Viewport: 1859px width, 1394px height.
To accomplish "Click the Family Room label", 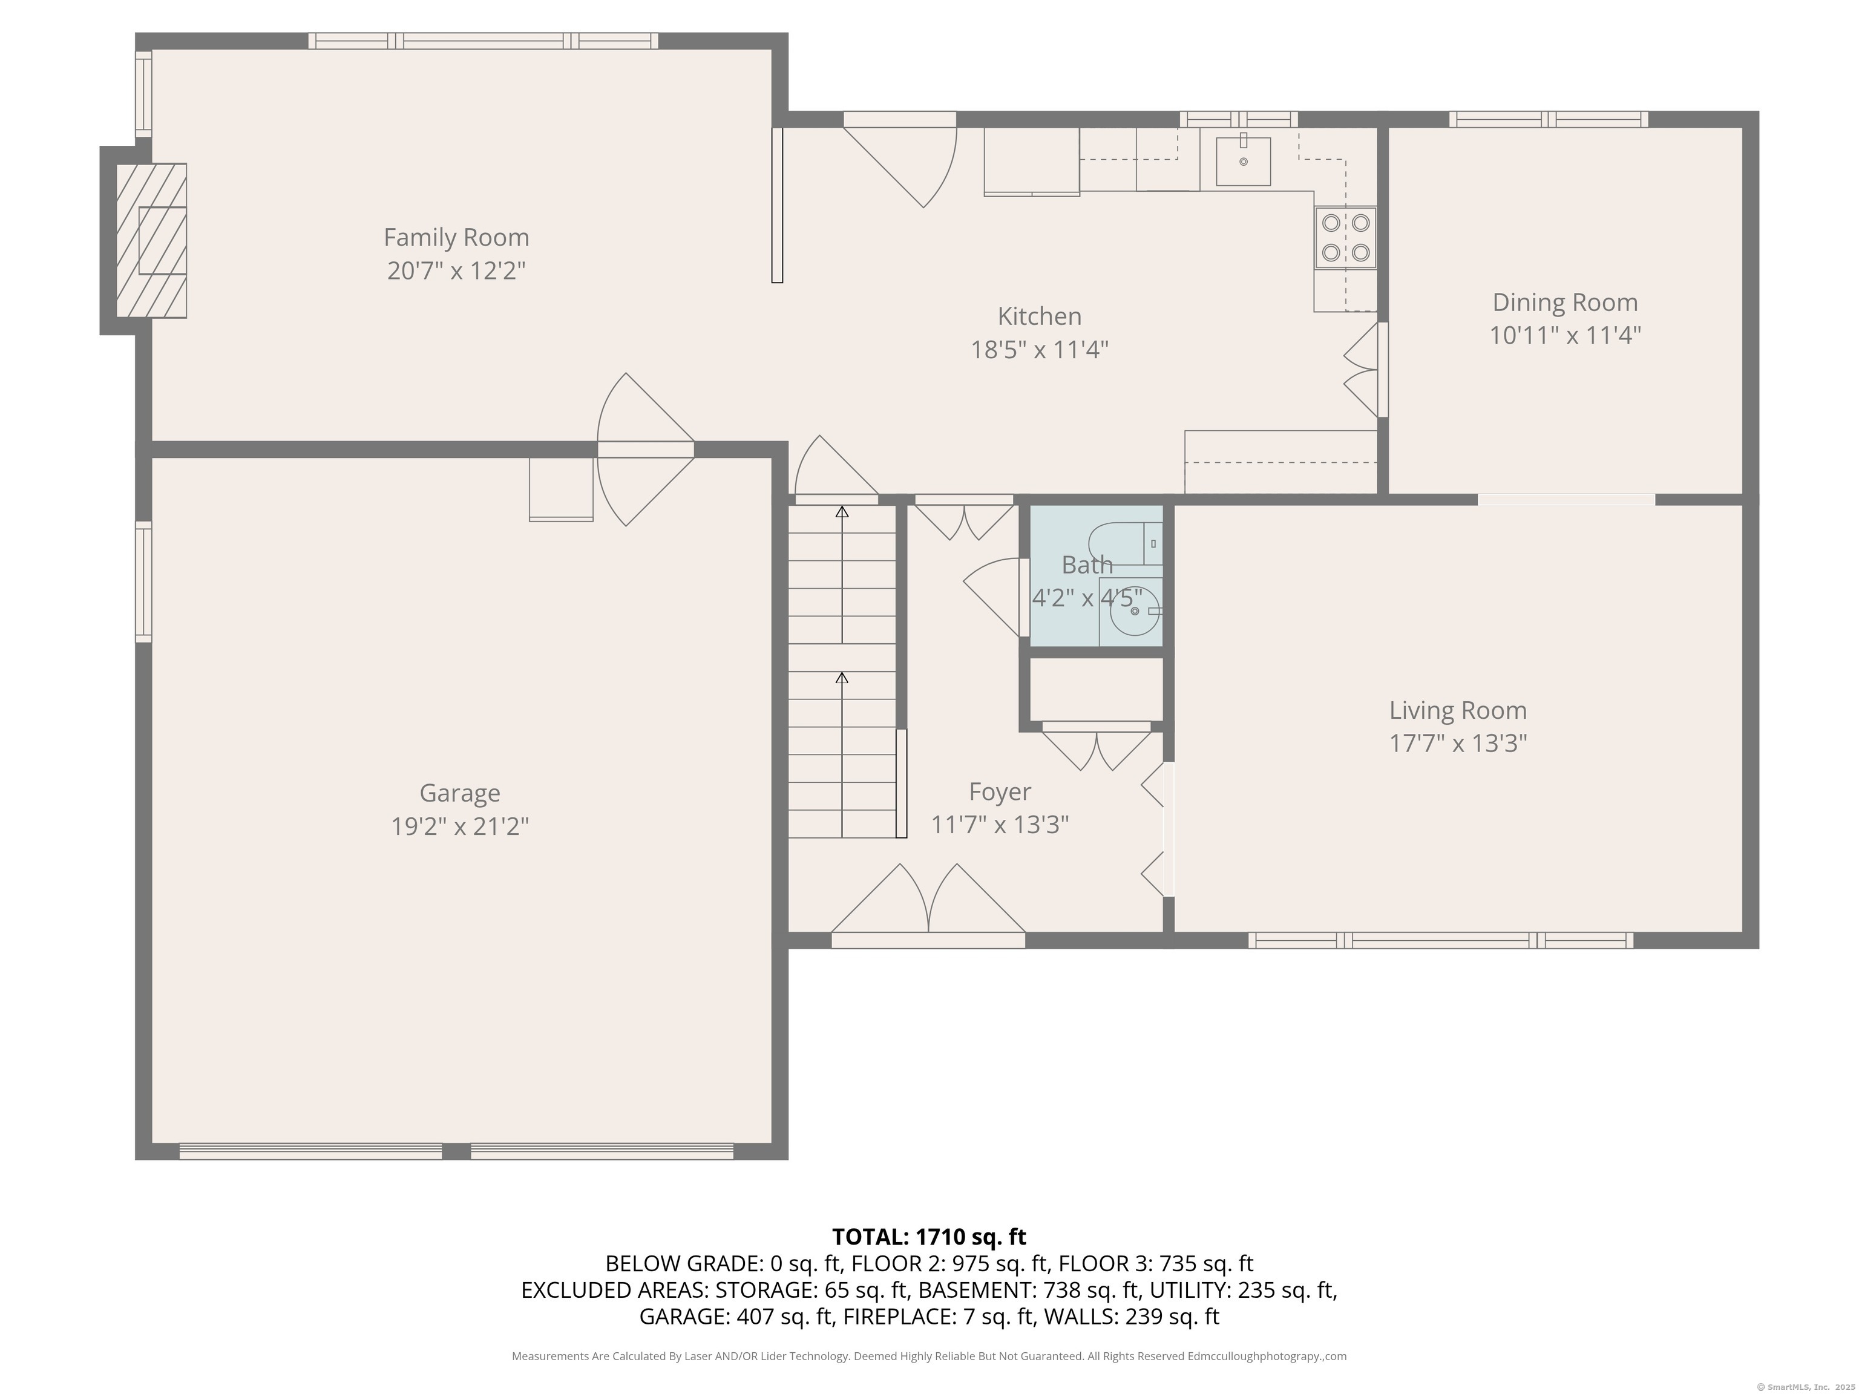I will click(x=456, y=238).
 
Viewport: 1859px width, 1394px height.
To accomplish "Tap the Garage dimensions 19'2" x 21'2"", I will click(x=460, y=826).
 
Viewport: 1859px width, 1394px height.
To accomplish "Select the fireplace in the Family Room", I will click(x=152, y=240).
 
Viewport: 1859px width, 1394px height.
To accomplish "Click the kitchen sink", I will click(x=1243, y=162).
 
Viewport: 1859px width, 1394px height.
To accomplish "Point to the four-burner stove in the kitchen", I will click(x=1345, y=238).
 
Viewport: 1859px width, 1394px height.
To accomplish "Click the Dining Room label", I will click(x=1565, y=303).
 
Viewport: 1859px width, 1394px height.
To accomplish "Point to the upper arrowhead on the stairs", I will click(x=842, y=512).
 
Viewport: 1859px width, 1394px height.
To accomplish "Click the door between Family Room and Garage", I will click(x=646, y=450).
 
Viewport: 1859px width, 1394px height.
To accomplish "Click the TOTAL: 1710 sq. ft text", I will click(x=929, y=1237).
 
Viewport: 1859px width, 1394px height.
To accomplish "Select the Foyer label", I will click(x=999, y=791).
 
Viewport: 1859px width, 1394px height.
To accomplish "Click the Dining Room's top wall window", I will click(x=1548, y=119).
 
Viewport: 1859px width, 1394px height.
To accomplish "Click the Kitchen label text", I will click(x=1039, y=317).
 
